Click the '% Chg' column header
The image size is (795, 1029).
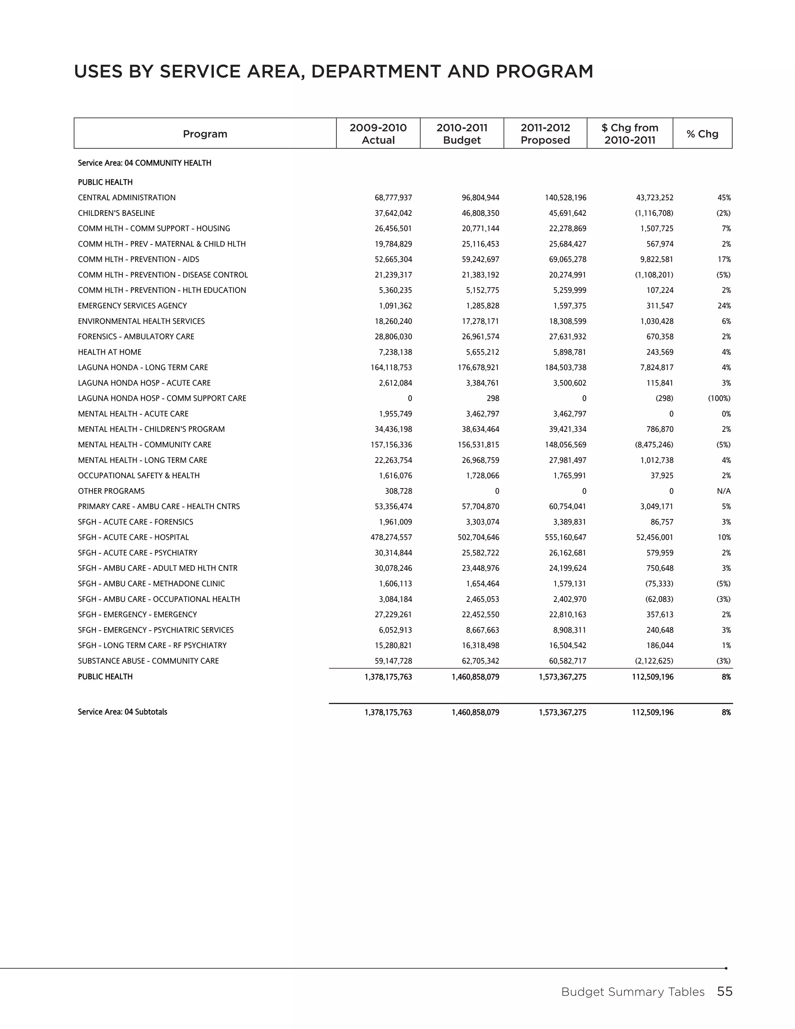click(x=702, y=134)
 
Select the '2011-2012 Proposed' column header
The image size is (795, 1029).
click(x=545, y=134)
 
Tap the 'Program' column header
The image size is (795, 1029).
click(x=205, y=134)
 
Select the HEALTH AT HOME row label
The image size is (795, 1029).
click(x=110, y=352)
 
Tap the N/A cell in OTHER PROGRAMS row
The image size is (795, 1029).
click(x=724, y=491)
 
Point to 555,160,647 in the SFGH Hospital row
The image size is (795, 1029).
click(x=565, y=537)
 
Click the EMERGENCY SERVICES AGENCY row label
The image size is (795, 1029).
click(x=132, y=306)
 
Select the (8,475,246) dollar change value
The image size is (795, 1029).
click(x=654, y=445)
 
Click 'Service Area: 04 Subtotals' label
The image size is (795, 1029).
click(x=122, y=712)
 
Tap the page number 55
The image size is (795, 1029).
click(x=724, y=992)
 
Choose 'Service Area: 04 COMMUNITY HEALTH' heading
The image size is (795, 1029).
click(x=144, y=163)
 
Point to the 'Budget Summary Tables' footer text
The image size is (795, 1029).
click(x=632, y=992)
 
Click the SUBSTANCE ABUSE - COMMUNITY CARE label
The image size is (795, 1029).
click(x=148, y=661)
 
